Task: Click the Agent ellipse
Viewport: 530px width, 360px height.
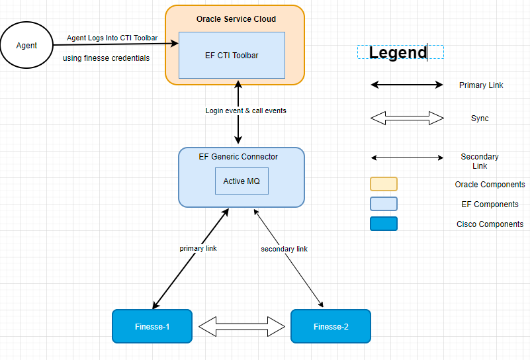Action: click(x=27, y=46)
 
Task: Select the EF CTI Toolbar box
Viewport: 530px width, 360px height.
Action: click(x=232, y=55)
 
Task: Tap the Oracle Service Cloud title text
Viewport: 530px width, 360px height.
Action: click(x=236, y=19)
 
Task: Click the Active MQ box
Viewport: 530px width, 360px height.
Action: click(x=242, y=181)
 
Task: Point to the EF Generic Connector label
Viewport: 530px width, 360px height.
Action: click(x=238, y=157)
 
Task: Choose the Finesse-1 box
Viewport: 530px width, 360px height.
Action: click(x=152, y=326)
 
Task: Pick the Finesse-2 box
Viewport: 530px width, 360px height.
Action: click(x=330, y=326)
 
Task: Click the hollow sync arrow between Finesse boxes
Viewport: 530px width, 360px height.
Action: click(x=242, y=326)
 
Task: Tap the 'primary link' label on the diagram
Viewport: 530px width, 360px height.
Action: click(x=198, y=249)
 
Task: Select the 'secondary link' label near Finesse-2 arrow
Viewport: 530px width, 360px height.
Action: click(x=284, y=249)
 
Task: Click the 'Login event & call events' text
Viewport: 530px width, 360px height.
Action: click(x=245, y=111)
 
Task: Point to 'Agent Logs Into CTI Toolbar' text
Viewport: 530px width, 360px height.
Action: click(x=112, y=38)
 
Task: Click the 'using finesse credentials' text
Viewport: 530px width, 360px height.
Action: click(x=106, y=58)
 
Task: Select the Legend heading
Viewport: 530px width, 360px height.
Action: click(x=398, y=53)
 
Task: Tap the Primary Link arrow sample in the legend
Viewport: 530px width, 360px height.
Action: click(x=406, y=85)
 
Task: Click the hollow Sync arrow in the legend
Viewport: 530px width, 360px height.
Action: click(x=406, y=118)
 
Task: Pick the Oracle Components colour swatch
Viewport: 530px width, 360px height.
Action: click(x=384, y=184)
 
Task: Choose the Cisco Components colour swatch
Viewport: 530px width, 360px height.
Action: click(x=384, y=224)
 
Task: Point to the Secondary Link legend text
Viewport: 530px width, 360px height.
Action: click(x=480, y=161)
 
